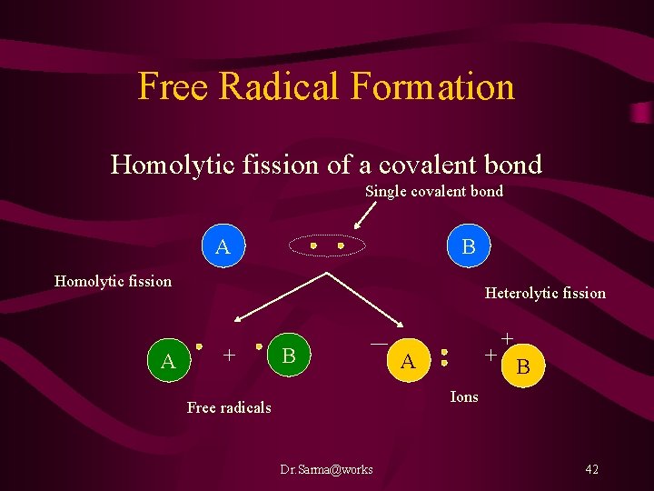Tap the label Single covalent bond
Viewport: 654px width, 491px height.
433,192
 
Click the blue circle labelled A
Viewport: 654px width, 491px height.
223,246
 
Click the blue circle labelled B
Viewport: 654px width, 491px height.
469,246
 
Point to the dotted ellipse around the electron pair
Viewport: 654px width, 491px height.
326,246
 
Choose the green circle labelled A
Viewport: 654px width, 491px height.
168,361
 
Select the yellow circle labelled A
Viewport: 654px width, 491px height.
409,361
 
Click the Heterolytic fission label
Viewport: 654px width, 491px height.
545,293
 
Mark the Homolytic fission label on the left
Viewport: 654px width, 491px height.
113,281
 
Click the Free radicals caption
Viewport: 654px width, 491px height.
229,407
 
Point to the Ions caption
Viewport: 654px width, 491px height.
464,397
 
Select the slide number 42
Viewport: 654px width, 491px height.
591,469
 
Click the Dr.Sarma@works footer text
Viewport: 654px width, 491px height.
326,469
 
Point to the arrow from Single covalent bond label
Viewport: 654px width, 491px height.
365,215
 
